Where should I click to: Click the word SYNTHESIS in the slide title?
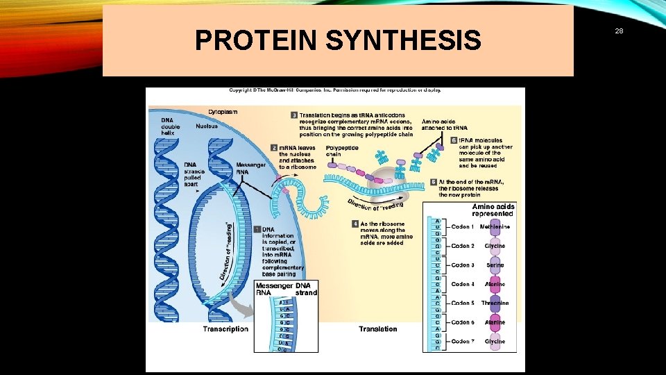(403, 40)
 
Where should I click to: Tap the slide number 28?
(619, 31)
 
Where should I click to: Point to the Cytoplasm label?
(223, 111)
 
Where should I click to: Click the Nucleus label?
(206, 126)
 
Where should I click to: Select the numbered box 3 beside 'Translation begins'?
(294, 115)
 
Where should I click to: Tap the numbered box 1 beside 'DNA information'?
(257, 229)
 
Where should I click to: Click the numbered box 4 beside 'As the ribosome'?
(355, 224)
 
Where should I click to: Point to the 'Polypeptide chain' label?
(342, 151)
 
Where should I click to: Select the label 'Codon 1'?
(463, 227)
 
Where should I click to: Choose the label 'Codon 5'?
(463, 303)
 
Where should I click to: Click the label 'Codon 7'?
(463, 341)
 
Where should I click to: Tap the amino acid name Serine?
(495, 265)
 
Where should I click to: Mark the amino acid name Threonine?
(495, 303)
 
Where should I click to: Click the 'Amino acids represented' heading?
(493, 210)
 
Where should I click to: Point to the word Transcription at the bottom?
(225, 329)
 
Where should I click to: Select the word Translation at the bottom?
(378, 329)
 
